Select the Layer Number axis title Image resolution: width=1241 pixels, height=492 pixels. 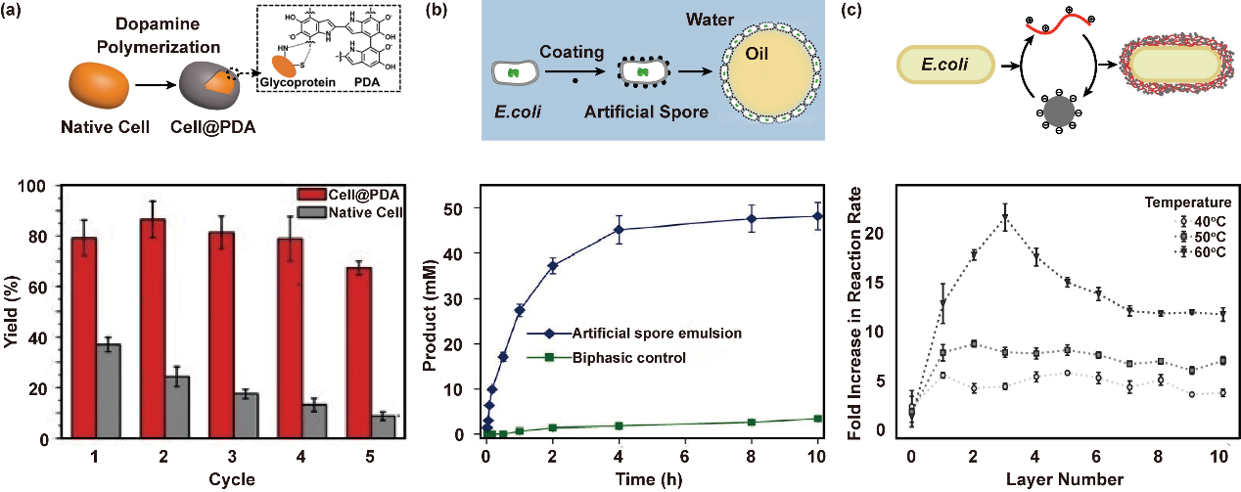click(1063, 479)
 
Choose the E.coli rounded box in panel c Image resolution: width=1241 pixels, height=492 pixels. click(945, 67)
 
